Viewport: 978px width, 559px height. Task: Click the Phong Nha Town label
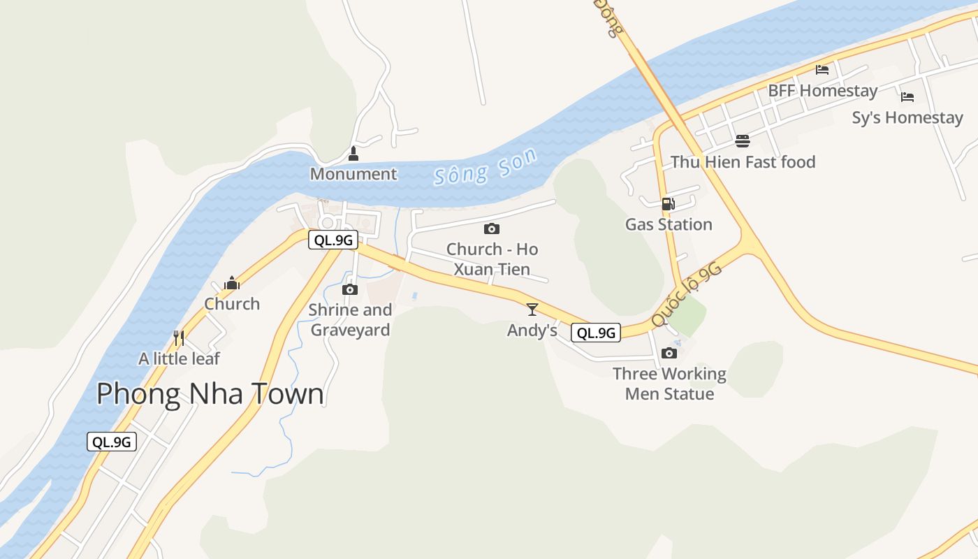point(210,394)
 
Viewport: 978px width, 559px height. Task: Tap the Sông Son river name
point(486,167)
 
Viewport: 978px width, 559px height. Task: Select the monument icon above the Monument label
point(353,154)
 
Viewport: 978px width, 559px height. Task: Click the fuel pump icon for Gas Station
point(668,204)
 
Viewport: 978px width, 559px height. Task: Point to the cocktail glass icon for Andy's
point(532,310)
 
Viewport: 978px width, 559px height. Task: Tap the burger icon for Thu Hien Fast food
point(742,142)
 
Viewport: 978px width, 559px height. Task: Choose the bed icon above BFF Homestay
point(822,70)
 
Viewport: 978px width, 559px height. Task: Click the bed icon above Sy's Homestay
point(907,97)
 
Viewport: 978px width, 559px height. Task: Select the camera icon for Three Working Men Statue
point(669,353)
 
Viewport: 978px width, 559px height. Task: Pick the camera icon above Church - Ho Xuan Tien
point(492,228)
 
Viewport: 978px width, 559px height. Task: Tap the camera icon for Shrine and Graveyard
point(350,289)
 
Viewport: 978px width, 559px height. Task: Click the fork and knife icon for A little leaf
point(179,338)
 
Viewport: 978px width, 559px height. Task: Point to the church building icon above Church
point(232,284)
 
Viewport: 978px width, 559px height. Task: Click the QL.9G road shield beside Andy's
point(596,333)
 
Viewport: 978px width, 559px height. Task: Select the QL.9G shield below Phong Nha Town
point(112,442)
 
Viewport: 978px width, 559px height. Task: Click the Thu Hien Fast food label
point(743,162)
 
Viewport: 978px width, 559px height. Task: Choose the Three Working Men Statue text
point(669,384)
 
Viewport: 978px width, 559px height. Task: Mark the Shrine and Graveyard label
point(350,319)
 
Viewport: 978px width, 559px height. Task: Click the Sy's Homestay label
point(907,117)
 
